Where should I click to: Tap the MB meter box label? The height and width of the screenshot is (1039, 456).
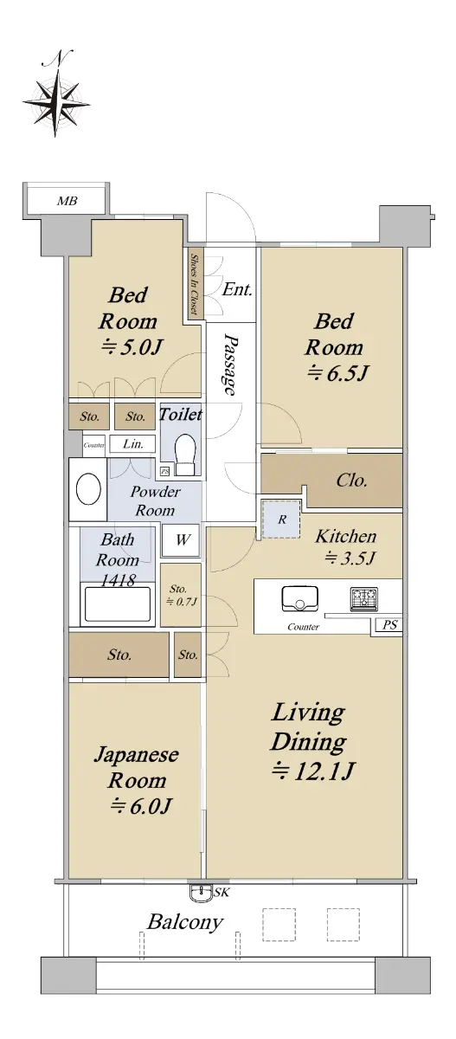coord(67,201)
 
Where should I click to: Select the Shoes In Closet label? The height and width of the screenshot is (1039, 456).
coord(194,284)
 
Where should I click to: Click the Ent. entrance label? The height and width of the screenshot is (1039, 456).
coord(237,290)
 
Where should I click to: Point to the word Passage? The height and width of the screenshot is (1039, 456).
coord(230,365)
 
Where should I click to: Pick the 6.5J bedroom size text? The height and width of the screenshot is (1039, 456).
coord(337,373)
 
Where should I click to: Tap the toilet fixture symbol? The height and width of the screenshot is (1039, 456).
coord(185,454)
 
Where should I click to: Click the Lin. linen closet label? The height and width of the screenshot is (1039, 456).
coord(133,444)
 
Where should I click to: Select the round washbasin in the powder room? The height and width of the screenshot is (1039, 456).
coord(88,489)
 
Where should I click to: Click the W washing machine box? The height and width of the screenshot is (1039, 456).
coord(181,540)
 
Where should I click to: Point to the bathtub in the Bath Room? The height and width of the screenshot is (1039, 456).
coord(117,603)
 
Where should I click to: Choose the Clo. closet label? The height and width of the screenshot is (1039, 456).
coord(351,480)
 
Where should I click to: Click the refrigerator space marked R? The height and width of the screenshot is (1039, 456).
coord(281,519)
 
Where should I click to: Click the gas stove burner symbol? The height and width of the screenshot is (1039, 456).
coord(363,598)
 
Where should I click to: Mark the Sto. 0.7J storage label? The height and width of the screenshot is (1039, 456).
coord(181,596)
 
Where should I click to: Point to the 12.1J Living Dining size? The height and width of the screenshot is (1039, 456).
coord(313,771)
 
